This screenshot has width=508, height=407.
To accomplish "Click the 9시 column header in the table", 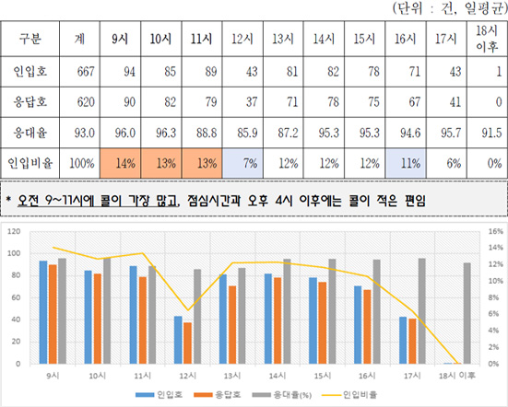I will (x=119, y=39).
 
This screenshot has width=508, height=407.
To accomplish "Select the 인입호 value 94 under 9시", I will (x=119, y=71).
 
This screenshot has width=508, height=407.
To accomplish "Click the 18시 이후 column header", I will (x=485, y=39).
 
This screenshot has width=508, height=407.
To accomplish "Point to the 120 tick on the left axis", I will (x=15, y=230).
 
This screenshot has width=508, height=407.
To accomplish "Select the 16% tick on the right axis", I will (x=494, y=230).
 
